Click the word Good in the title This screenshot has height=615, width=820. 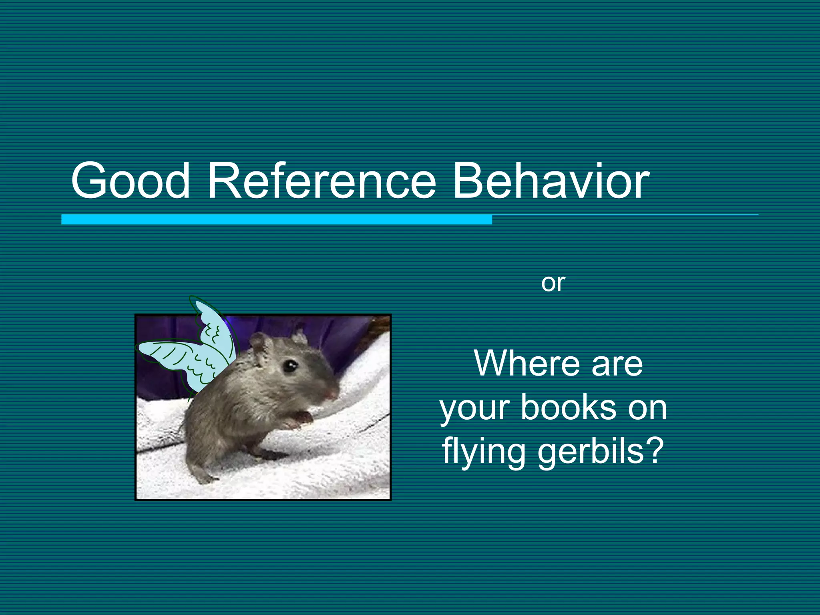(130, 180)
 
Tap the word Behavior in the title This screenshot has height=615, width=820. (551, 180)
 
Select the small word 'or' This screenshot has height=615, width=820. (553, 283)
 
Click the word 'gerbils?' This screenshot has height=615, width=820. (601, 452)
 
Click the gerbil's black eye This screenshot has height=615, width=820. (289, 366)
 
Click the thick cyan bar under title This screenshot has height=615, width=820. (276, 219)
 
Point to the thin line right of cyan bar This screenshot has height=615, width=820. (625, 215)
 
